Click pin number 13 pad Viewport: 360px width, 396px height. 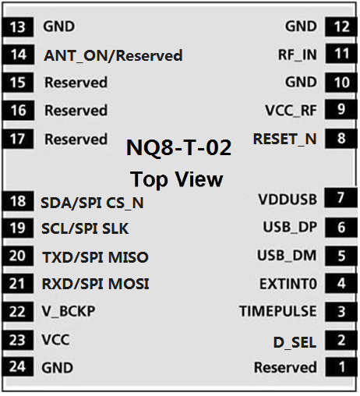pos(18,27)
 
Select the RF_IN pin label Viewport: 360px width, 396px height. pos(298,55)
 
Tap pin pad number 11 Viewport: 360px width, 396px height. pos(341,54)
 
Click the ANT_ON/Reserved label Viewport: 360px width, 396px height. pos(113,55)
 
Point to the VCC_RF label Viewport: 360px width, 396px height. pos(291,111)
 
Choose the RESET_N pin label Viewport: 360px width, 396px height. pos(285,139)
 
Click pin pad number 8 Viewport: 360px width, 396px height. pos(341,139)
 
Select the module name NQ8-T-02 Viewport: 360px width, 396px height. pos(178,147)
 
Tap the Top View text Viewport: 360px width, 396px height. pos(177,179)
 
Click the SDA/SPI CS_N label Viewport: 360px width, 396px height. pos(92,203)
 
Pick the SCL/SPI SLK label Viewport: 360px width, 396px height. pos(85,228)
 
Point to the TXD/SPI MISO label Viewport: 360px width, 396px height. pos(95,257)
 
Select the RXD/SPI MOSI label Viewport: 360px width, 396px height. pos(96,284)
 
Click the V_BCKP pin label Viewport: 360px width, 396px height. pos(69,311)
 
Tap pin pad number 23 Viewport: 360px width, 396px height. pos(18,340)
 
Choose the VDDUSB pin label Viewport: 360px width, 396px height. pos(288,200)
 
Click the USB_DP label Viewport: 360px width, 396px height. pos(290,227)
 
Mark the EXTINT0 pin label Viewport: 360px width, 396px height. pos(288,284)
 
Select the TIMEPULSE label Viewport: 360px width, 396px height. pos(278,311)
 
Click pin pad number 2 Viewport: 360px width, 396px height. pos(341,340)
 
